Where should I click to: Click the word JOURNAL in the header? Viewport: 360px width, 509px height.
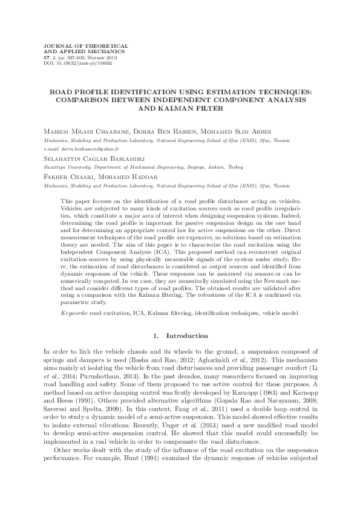tap(52, 45)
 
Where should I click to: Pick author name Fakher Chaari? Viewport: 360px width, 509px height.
tap(65, 176)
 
